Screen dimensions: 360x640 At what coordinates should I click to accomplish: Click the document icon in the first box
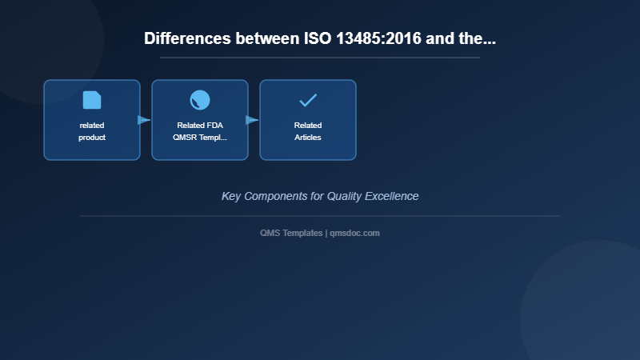click(92, 100)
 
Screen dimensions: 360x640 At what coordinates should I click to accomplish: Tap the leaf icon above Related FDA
click(200, 100)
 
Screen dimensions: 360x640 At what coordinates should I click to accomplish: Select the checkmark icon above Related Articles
click(308, 101)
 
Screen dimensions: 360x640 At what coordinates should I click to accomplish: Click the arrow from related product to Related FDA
click(144, 120)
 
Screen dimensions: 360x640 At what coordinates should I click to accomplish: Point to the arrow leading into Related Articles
click(252, 120)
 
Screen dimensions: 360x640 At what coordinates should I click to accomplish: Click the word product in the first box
click(92, 138)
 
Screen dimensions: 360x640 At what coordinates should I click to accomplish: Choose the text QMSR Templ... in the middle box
click(200, 138)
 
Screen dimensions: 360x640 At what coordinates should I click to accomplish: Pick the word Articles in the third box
click(308, 138)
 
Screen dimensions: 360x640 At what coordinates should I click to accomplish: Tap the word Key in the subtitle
click(231, 196)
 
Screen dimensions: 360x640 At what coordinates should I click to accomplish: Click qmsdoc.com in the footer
click(354, 234)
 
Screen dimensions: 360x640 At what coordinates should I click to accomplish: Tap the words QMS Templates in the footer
click(291, 234)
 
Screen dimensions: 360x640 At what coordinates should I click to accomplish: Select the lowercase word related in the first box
click(92, 126)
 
